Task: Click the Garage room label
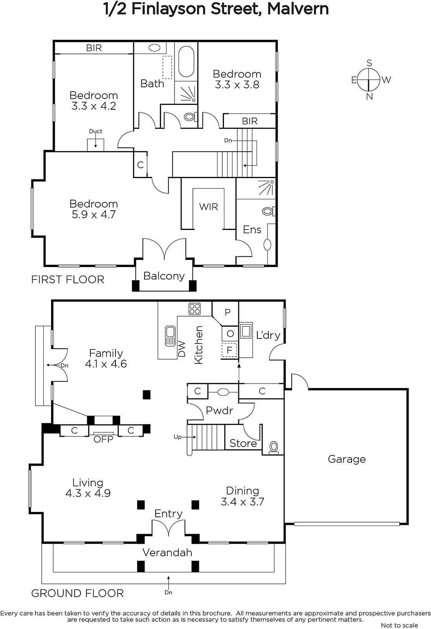(x=347, y=459)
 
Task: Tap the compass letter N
(x=369, y=97)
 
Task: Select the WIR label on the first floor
(x=209, y=207)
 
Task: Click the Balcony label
(x=164, y=276)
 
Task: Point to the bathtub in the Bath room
(x=186, y=62)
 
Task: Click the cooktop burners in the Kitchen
(x=194, y=309)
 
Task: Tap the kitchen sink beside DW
(x=170, y=336)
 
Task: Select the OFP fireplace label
(x=103, y=439)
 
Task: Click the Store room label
(x=243, y=443)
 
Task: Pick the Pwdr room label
(x=219, y=410)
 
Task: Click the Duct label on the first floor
(x=95, y=131)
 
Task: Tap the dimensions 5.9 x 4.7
(x=94, y=215)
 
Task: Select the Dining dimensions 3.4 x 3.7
(x=242, y=502)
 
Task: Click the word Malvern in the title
(x=298, y=9)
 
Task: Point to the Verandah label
(x=167, y=553)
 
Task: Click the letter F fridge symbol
(x=229, y=350)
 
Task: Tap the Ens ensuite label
(x=252, y=230)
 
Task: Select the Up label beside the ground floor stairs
(x=177, y=437)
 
